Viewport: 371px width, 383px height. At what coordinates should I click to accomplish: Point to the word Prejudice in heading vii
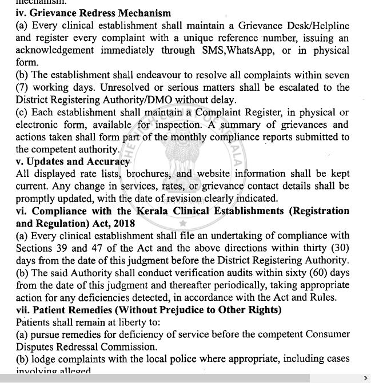click(x=170, y=311)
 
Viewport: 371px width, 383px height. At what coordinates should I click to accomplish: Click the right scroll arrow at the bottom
click(x=365, y=378)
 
